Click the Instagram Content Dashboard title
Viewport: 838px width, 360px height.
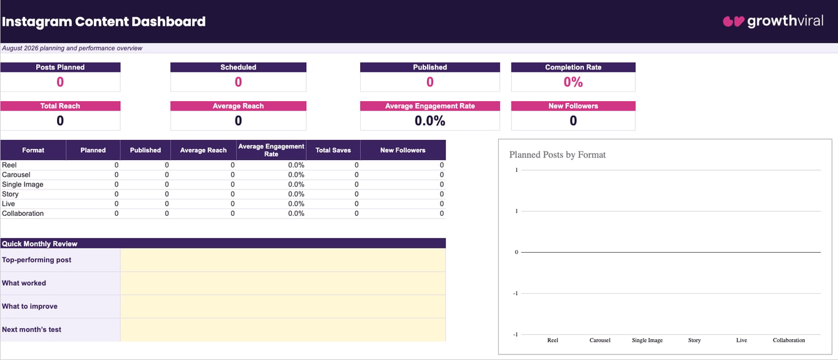click(x=104, y=21)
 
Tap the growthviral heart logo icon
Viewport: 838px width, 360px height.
click(x=733, y=21)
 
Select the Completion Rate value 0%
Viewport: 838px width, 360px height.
click(x=573, y=82)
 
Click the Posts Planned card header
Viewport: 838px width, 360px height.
click(x=60, y=67)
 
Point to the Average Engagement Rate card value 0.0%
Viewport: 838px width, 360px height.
click(x=430, y=121)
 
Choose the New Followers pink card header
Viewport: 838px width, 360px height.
click(x=573, y=106)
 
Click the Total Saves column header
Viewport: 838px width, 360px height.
click(x=333, y=150)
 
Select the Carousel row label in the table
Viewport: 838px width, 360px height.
click(x=16, y=175)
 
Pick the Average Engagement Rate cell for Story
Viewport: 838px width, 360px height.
click(x=296, y=194)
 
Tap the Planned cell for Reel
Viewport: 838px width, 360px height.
click(x=117, y=165)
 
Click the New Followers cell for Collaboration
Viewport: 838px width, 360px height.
click(x=442, y=213)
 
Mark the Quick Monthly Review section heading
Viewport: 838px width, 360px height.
click(x=40, y=243)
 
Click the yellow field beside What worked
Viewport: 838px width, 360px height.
click(x=283, y=283)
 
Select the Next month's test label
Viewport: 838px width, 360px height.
click(x=31, y=329)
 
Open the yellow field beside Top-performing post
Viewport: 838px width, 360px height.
click(x=283, y=260)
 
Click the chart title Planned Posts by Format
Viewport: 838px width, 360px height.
click(x=558, y=155)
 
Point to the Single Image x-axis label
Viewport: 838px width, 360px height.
click(x=647, y=340)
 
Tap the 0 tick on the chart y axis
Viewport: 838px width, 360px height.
click(x=517, y=252)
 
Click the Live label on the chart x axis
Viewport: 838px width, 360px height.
click(x=742, y=340)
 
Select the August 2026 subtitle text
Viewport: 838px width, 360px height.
click(x=72, y=48)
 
